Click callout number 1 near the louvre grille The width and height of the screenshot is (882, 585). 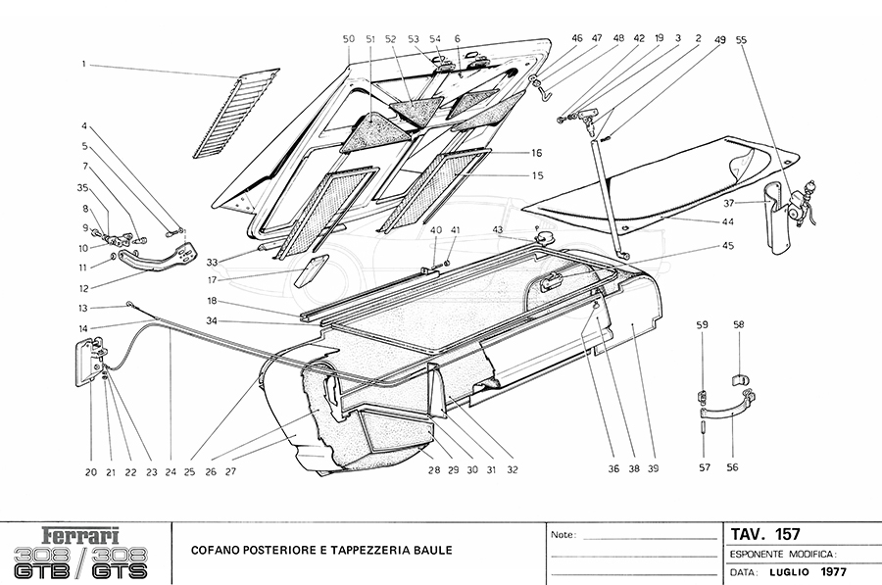click(85, 64)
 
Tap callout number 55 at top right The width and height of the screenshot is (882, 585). click(740, 40)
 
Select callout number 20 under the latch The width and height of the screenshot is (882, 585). click(90, 471)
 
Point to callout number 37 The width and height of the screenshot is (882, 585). click(728, 203)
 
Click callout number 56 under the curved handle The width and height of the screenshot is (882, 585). click(732, 467)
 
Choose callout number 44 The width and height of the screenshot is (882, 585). click(728, 222)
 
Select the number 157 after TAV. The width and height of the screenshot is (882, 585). click(787, 535)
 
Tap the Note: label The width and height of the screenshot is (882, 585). click(563, 536)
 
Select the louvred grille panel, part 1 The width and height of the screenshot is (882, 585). click(236, 113)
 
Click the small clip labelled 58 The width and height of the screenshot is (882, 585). click(740, 377)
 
